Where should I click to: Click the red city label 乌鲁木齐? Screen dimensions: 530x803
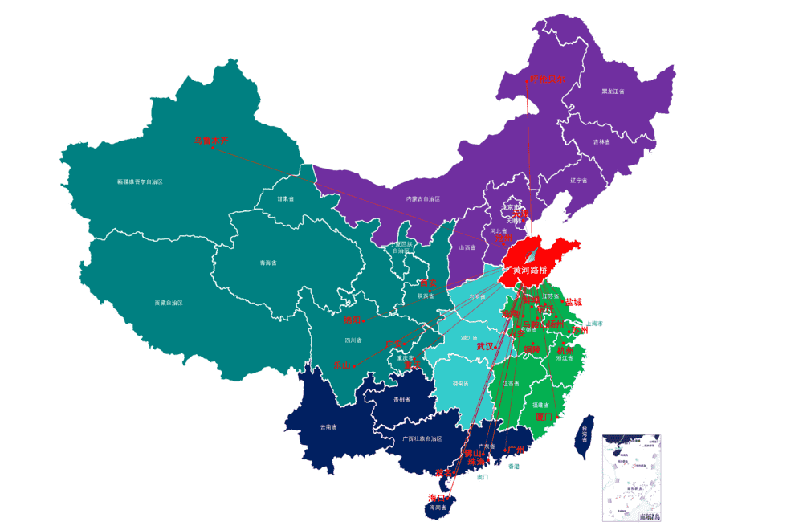pos(211,140)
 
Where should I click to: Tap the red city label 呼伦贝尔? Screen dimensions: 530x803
pos(546,79)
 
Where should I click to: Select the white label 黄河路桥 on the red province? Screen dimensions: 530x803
pos(534,271)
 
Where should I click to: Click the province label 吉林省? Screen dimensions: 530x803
pos(601,141)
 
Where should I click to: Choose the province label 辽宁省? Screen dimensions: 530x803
pos(579,181)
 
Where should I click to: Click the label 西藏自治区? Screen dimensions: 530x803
pos(169,303)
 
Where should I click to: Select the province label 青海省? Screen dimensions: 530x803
pos(267,263)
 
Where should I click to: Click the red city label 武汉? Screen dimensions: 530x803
pos(486,346)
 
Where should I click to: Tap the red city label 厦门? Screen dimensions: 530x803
pos(544,417)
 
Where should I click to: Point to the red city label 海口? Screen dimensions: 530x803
pos(438,498)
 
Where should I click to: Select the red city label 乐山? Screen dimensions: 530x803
pos(343,365)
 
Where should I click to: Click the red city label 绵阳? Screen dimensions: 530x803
pos(353,320)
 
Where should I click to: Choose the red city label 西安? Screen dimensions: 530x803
pos(428,283)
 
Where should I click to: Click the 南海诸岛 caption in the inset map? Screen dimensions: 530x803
pos(650,516)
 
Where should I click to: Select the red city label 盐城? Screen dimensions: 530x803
pos(573,302)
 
